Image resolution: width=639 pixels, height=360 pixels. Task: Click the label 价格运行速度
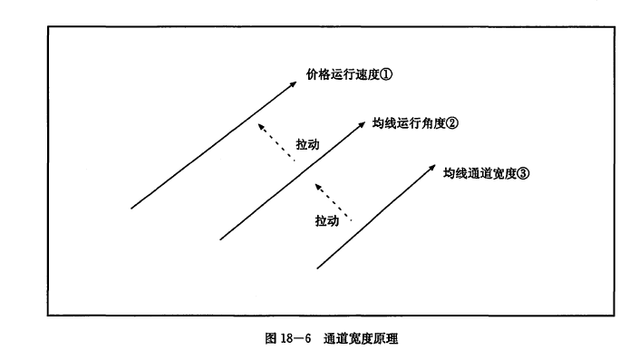[344, 74]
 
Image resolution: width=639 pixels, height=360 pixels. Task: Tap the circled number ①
[386, 74]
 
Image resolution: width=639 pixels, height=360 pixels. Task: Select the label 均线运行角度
[409, 123]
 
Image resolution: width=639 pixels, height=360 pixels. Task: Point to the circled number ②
[452, 123]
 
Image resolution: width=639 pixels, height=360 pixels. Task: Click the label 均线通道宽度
[480, 173]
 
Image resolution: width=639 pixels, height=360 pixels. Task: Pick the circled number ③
[523, 173]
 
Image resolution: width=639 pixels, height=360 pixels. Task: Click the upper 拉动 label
[307, 144]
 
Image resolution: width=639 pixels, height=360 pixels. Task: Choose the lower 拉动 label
[327, 220]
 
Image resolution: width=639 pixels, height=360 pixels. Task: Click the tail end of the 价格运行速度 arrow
[131, 209]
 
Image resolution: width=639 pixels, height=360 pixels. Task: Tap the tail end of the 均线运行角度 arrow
[220, 239]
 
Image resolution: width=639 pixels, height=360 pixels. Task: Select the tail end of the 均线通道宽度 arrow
[317, 268]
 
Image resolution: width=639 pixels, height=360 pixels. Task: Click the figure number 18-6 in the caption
[295, 338]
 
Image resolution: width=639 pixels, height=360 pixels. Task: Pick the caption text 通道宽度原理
[361, 338]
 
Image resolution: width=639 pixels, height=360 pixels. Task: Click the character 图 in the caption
[271, 338]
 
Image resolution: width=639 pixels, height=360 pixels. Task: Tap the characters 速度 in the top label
[368, 74]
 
